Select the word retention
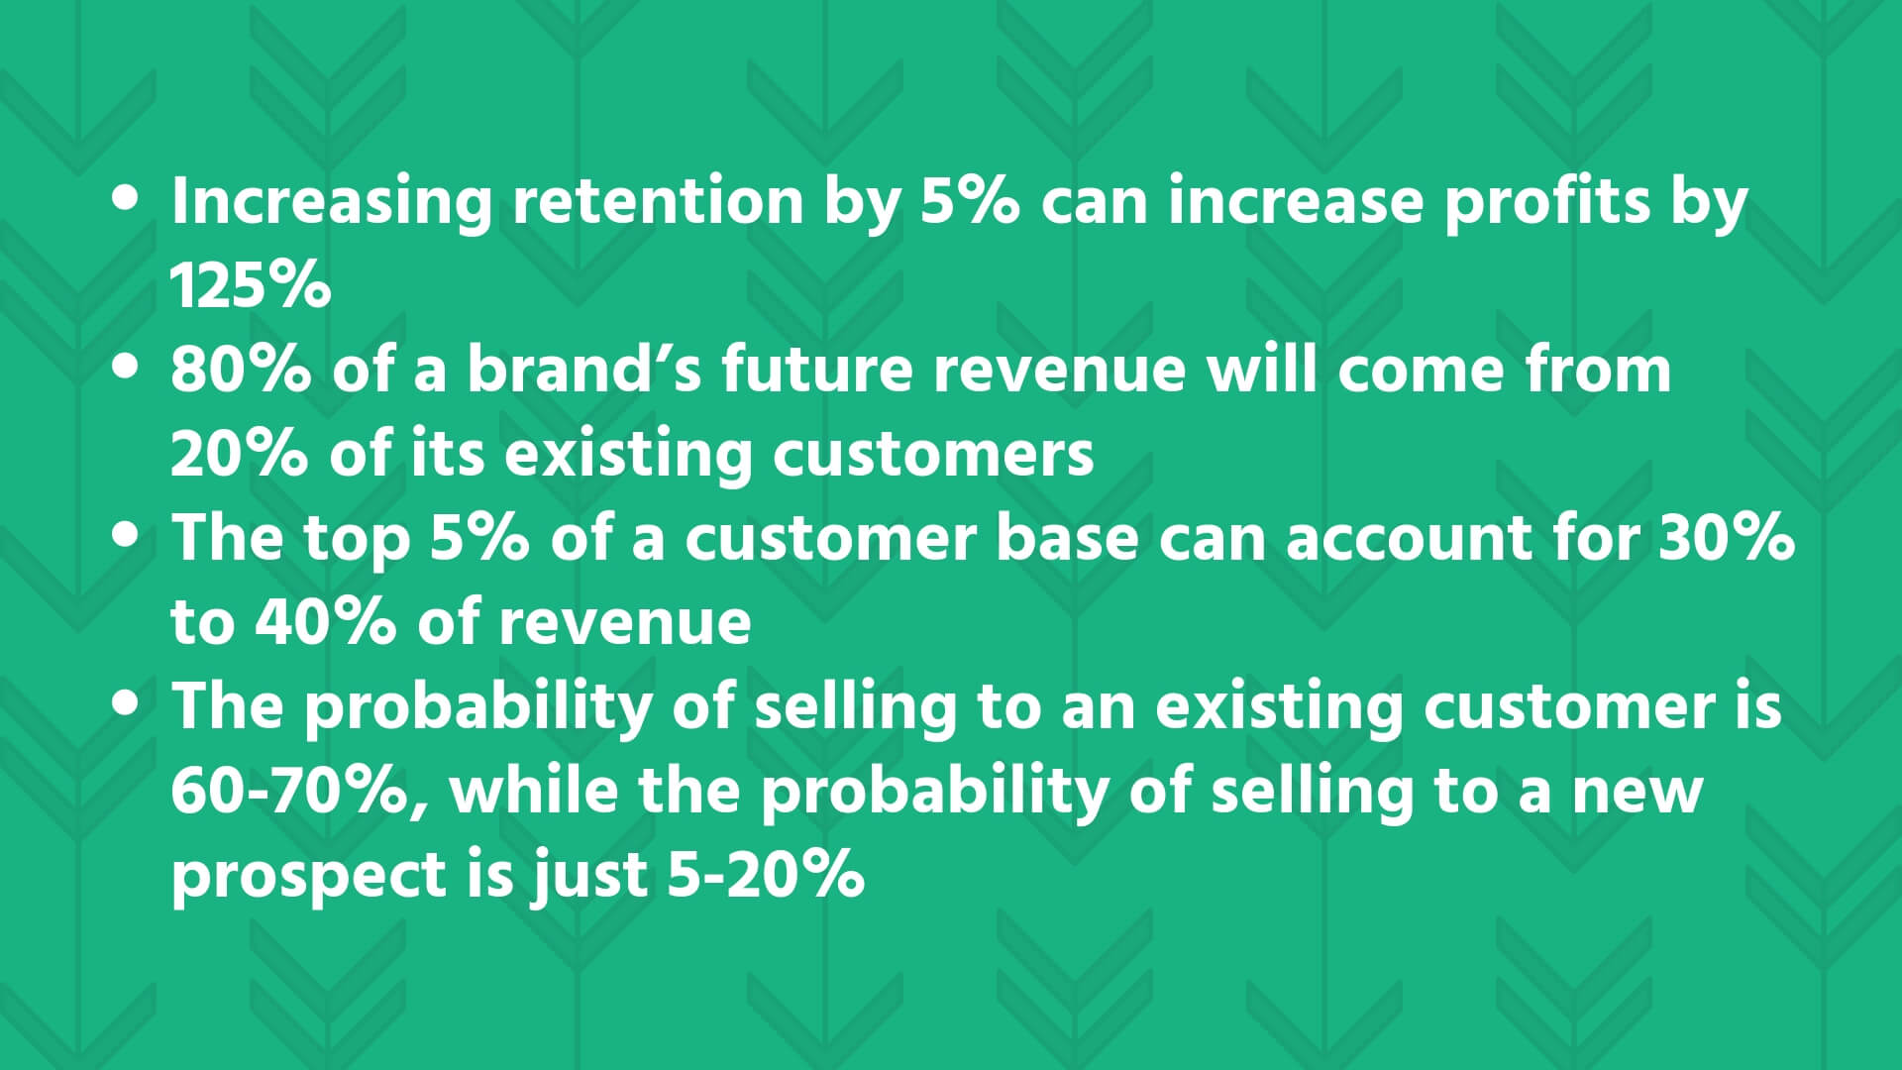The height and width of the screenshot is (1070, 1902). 658,201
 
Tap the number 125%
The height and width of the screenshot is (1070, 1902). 251,285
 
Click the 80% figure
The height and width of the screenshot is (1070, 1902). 241,370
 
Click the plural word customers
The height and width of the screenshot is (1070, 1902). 933,455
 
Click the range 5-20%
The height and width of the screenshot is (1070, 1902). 765,875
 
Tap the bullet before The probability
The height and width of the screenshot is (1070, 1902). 127,705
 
